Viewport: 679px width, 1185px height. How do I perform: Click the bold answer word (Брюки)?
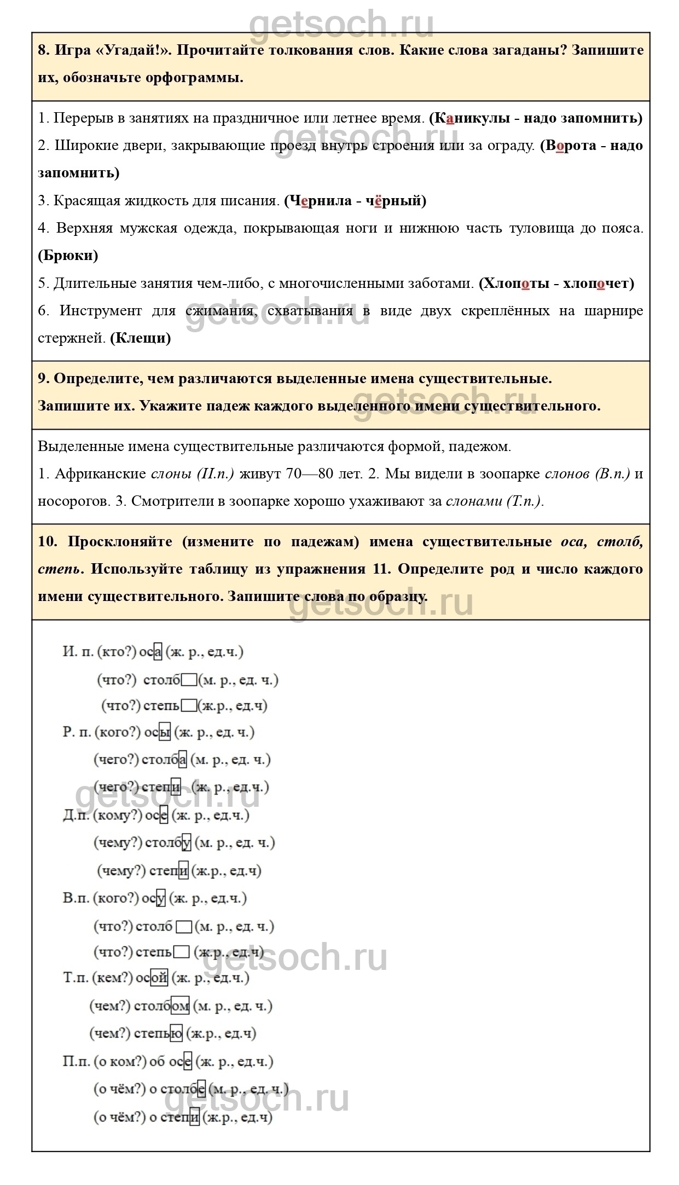point(68,256)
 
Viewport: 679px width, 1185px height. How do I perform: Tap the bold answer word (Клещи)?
point(141,338)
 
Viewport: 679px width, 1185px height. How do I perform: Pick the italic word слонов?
point(568,474)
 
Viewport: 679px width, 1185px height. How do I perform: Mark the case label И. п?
point(78,651)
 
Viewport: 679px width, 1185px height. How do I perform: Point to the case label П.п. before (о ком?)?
point(77,1061)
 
